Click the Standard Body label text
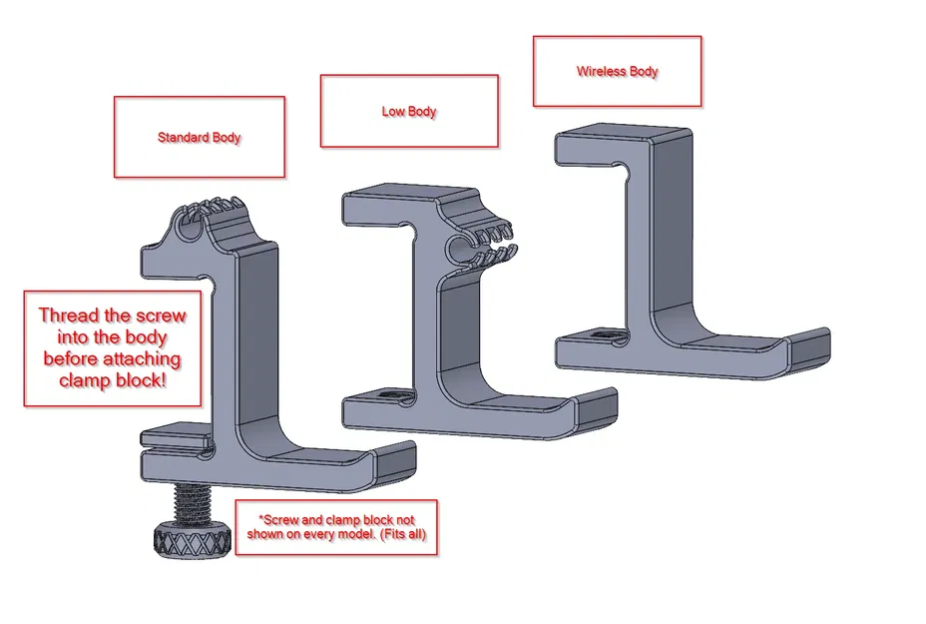[x=199, y=137]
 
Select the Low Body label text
[x=409, y=111]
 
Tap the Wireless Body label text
[x=617, y=72]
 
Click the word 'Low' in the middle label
[x=393, y=111]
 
